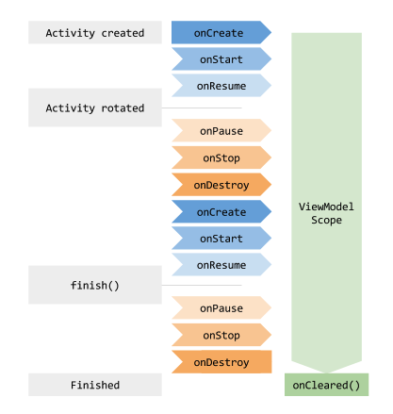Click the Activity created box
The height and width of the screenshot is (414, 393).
tap(95, 33)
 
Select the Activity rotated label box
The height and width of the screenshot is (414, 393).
tap(95, 108)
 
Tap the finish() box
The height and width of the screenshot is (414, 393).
tap(95, 284)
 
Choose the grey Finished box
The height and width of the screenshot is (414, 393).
tap(95, 385)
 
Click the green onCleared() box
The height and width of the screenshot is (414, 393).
tap(326, 385)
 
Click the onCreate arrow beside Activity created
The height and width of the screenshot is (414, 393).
tap(220, 33)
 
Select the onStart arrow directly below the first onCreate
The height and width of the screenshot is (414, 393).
tap(220, 59)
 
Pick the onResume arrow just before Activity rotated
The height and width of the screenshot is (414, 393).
tap(220, 85)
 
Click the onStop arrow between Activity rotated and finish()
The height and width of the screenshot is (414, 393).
tap(220, 158)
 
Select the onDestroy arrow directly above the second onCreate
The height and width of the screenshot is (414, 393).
tap(220, 185)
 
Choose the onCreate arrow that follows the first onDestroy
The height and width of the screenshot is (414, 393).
tap(220, 212)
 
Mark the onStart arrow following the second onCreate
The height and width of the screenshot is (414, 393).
tap(220, 239)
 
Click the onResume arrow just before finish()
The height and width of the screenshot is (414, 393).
tap(220, 265)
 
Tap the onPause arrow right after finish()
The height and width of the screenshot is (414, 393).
tap(220, 308)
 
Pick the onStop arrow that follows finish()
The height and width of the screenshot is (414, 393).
tap(220, 335)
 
